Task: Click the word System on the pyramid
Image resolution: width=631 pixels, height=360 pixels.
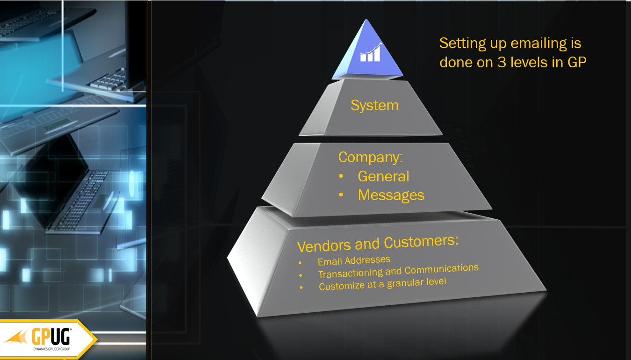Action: click(374, 106)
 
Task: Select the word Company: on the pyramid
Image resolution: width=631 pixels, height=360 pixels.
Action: click(371, 157)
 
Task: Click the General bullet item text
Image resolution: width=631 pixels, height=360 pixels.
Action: click(383, 176)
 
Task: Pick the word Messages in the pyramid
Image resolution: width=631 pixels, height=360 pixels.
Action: click(391, 195)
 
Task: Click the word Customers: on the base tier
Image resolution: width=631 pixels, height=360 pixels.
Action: click(421, 241)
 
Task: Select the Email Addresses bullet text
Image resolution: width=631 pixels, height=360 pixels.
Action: click(354, 260)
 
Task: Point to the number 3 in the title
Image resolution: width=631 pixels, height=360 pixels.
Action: click(502, 62)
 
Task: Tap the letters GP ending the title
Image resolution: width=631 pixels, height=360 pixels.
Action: click(577, 62)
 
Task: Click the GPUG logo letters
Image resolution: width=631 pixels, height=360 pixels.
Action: click(51, 336)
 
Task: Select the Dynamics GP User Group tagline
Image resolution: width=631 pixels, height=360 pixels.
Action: click(51, 349)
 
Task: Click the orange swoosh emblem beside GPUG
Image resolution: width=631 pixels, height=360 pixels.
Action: click(17, 337)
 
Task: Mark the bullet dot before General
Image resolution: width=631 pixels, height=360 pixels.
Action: click(341, 176)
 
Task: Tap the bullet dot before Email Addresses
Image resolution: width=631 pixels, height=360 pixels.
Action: click(300, 263)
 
